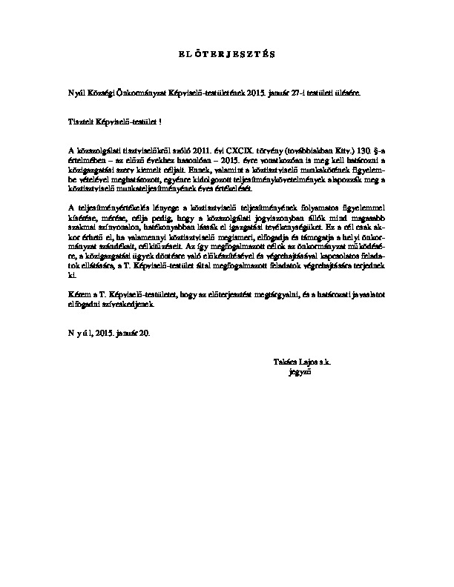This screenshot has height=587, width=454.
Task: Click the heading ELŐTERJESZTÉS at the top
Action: (x=227, y=54)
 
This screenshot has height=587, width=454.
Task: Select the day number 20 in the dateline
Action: (x=143, y=334)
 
